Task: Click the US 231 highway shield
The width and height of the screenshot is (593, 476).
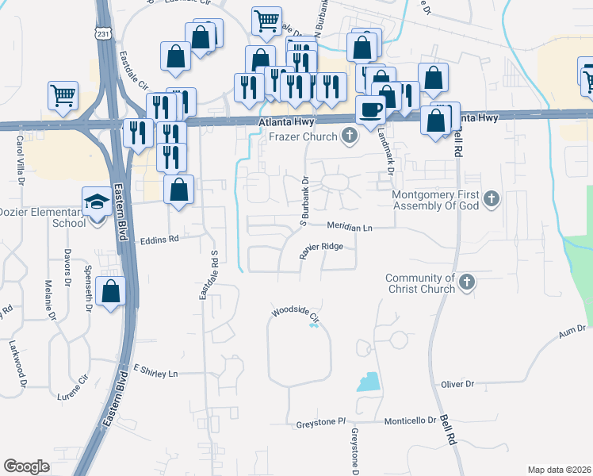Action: (103, 33)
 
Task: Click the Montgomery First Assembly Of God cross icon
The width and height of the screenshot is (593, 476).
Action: (492, 198)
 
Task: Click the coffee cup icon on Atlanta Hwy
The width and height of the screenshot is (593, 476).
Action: (369, 109)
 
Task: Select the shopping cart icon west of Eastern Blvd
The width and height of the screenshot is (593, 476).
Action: (63, 95)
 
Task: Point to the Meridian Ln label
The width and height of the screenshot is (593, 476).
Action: (350, 227)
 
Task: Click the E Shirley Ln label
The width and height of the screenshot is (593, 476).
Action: (157, 370)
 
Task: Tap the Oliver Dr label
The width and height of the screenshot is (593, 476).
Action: (457, 384)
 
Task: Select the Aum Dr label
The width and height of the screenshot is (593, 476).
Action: (571, 332)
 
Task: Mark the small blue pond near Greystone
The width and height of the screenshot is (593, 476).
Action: (368, 382)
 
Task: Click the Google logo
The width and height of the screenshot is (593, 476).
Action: (26, 466)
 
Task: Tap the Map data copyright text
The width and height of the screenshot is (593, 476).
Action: (559, 470)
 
